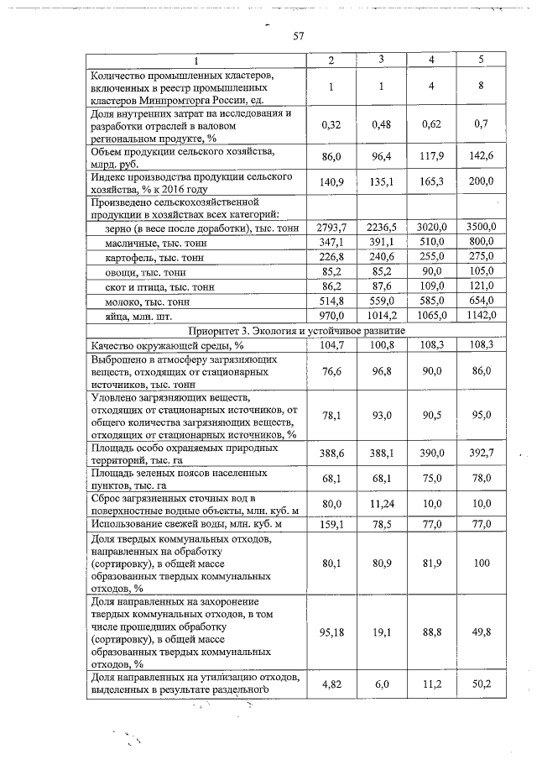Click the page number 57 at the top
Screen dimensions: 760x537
pos(297,36)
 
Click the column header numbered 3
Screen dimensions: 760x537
pos(381,60)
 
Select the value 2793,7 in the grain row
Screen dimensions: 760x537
pos(331,228)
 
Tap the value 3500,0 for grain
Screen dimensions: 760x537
pos(482,228)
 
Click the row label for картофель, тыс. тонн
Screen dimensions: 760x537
pos(155,257)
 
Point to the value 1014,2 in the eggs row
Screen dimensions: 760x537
pos(381,315)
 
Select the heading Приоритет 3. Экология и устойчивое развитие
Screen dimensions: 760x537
pos(298,330)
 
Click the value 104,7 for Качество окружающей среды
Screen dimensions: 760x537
pos(331,344)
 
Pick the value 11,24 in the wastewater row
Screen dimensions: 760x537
pos(381,503)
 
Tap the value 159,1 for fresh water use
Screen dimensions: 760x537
pos(331,524)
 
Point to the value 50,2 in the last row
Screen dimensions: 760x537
pos(482,684)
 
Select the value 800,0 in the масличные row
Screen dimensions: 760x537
pos(482,242)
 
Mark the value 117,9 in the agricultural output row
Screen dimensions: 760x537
pos(431,157)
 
